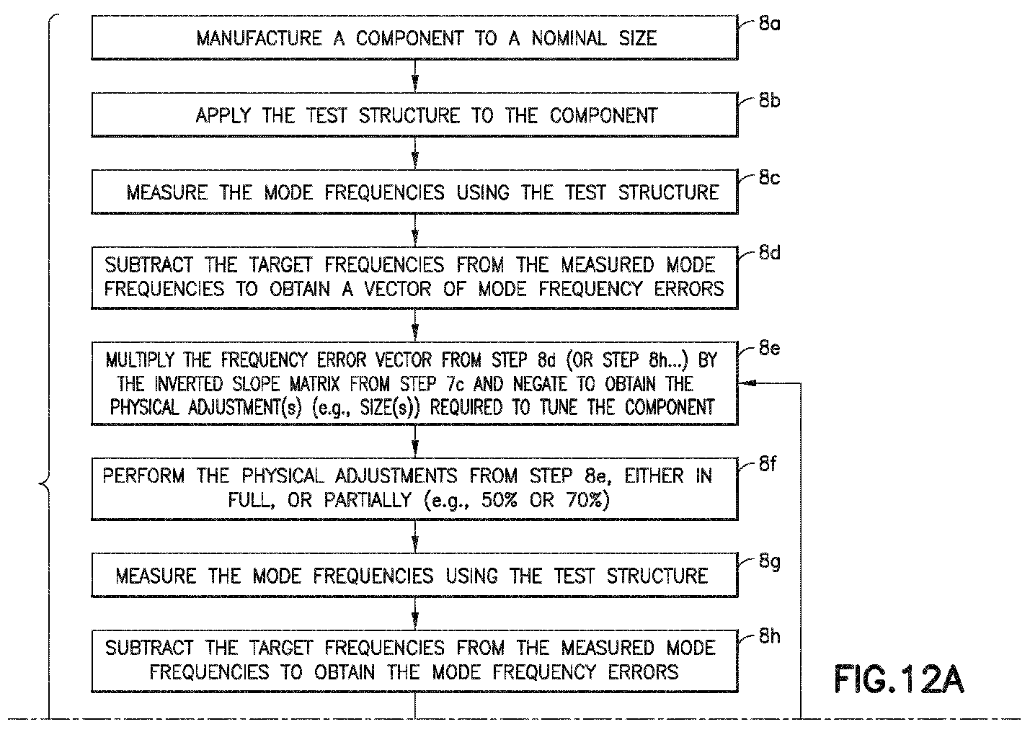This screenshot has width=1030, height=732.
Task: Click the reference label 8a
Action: coord(769,24)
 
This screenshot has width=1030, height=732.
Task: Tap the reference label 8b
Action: coord(769,101)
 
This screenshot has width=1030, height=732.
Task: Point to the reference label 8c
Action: coord(769,177)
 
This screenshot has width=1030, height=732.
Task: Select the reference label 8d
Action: coord(769,253)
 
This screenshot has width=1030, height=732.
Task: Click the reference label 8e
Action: coord(769,348)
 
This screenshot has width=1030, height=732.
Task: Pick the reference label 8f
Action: coord(768,464)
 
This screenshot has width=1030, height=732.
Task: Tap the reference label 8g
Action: coord(769,562)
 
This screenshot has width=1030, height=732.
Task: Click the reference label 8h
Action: coord(769,636)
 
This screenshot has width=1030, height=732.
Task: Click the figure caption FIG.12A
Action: coord(899,679)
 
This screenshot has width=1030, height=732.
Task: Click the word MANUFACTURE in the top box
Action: coord(259,38)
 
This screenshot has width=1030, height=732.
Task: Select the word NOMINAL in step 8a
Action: coord(569,38)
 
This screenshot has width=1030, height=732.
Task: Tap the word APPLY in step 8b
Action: coord(223,115)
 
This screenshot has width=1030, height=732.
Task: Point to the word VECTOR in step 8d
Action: coord(398,289)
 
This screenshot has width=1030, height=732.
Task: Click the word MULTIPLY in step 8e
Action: coord(140,360)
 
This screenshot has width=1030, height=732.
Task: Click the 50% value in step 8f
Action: coord(499,499)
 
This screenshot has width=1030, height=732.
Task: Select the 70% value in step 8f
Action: coord(584,499)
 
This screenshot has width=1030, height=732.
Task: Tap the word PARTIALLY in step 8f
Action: coord(368,500)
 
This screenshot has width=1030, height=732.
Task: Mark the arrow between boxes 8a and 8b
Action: coord(414,76)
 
